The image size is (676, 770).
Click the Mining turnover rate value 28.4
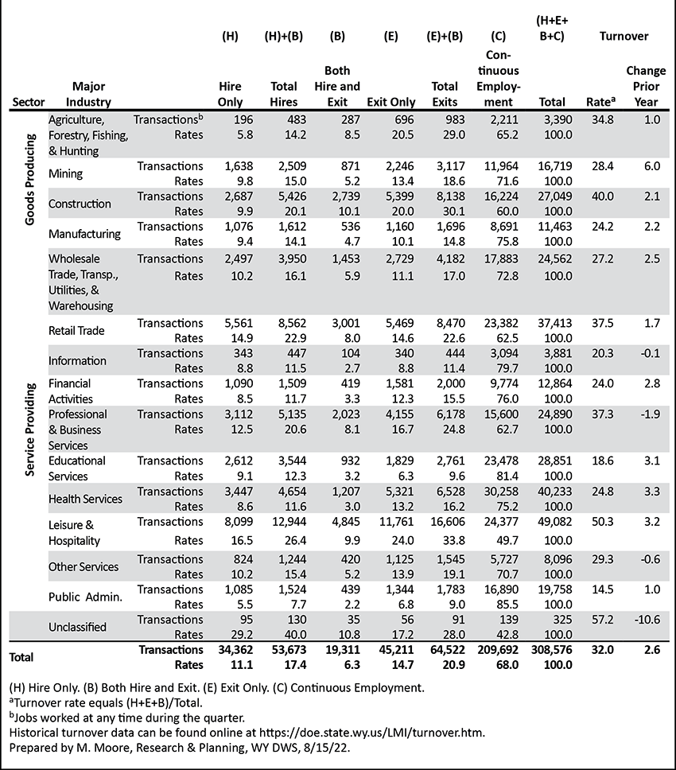tap(602, 166)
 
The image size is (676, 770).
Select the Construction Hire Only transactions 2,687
tap(239, 196)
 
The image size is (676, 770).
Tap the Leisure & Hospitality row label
tap(74, 533)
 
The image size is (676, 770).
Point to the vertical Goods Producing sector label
tap(30, 180)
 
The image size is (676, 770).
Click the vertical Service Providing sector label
tap(30, 430)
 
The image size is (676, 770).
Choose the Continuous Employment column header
tap(499, 79)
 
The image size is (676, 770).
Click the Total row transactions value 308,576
tap(552, 650)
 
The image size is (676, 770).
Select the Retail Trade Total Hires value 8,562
tap(292, 323)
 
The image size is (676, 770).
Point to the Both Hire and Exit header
tap(337, 87)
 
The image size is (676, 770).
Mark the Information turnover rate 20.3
tap(602, 353)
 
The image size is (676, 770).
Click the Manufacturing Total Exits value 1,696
tap(451, 227)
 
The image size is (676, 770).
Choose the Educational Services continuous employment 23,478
tap(499, 461)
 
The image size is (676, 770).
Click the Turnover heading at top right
tap(624, 37)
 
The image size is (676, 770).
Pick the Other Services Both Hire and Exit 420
tap(350, 559)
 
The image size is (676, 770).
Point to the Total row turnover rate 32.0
tap(602, 650)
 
